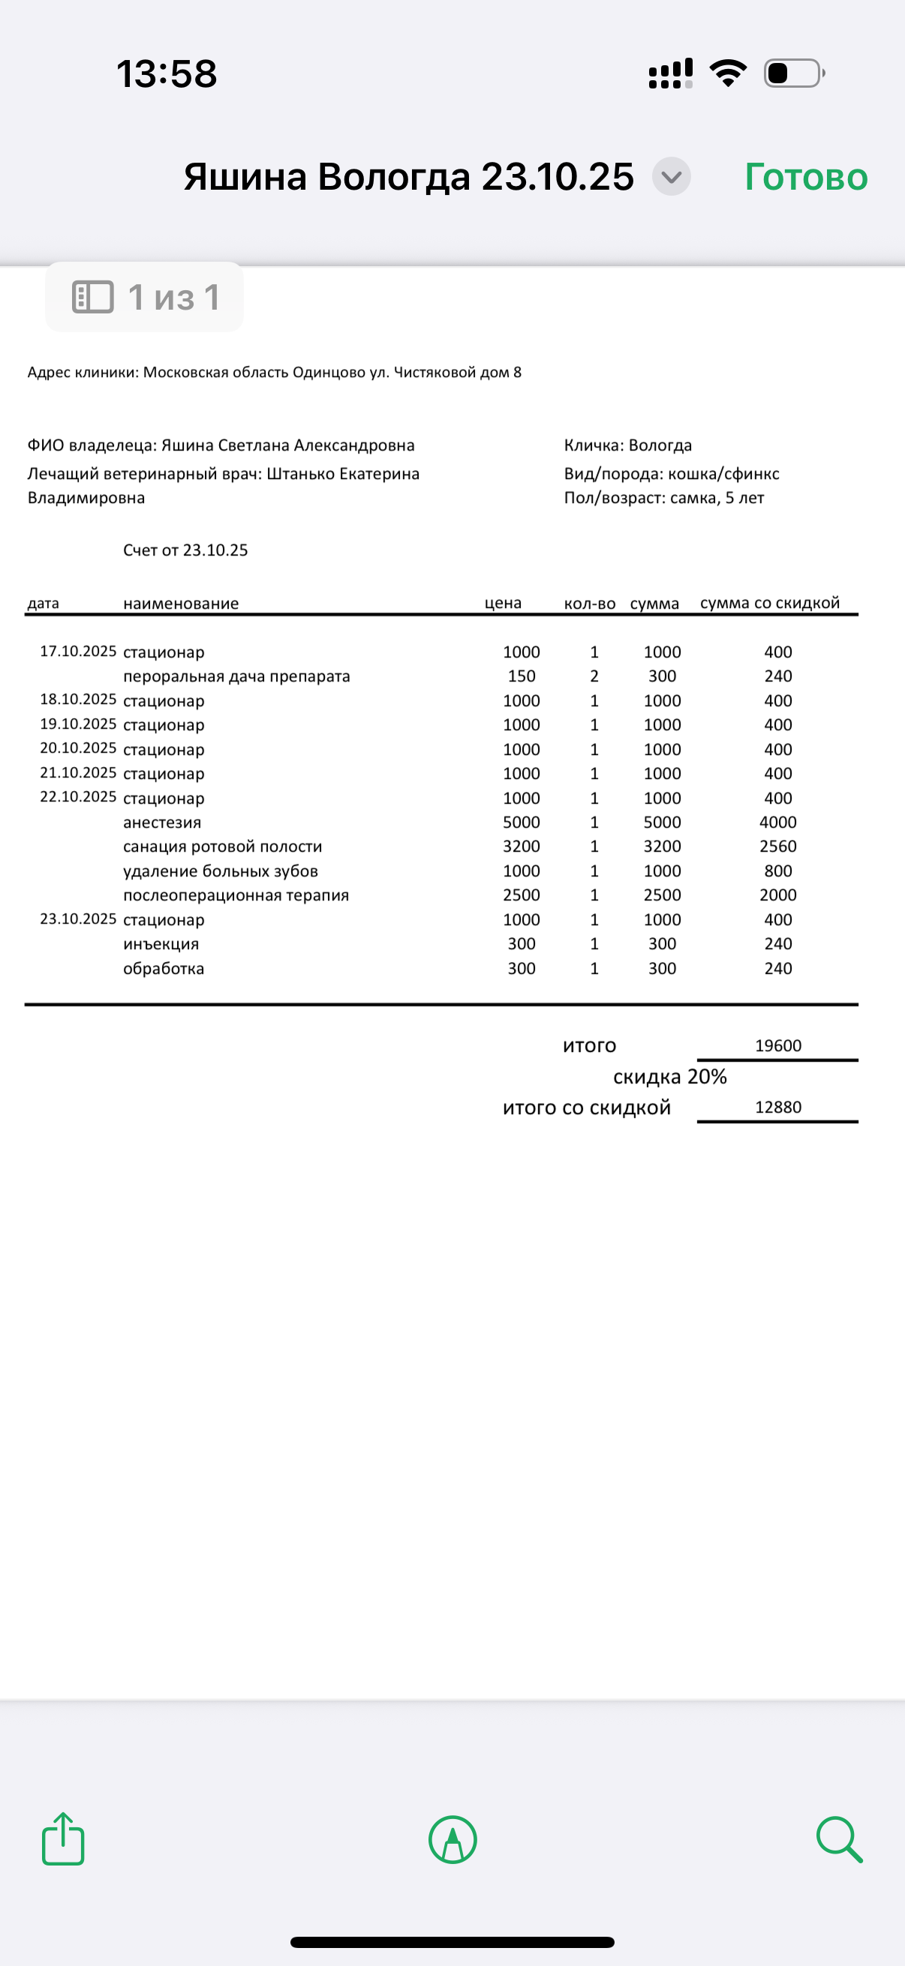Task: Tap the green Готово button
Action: pos(806,177)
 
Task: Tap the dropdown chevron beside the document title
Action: pos(672,177)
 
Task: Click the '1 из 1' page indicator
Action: pos(145,298)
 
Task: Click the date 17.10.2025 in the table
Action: pos(78,651)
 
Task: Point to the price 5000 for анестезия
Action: pos(521,822)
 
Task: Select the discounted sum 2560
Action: pos(777,847)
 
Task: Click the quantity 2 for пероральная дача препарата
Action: pos(594,676)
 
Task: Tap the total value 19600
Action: pos(777,1045)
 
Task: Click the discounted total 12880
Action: pos(777,1107)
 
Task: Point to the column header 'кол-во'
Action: pos(590,604)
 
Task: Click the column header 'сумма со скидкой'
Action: pos(770,603)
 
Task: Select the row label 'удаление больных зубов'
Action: pos(220,871)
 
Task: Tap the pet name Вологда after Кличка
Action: pos(660,445)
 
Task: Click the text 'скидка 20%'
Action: pos(670,1077)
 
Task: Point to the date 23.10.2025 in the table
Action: pos(78,919)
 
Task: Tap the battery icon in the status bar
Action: pos(793,73)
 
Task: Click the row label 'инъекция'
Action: pos(161,944)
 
